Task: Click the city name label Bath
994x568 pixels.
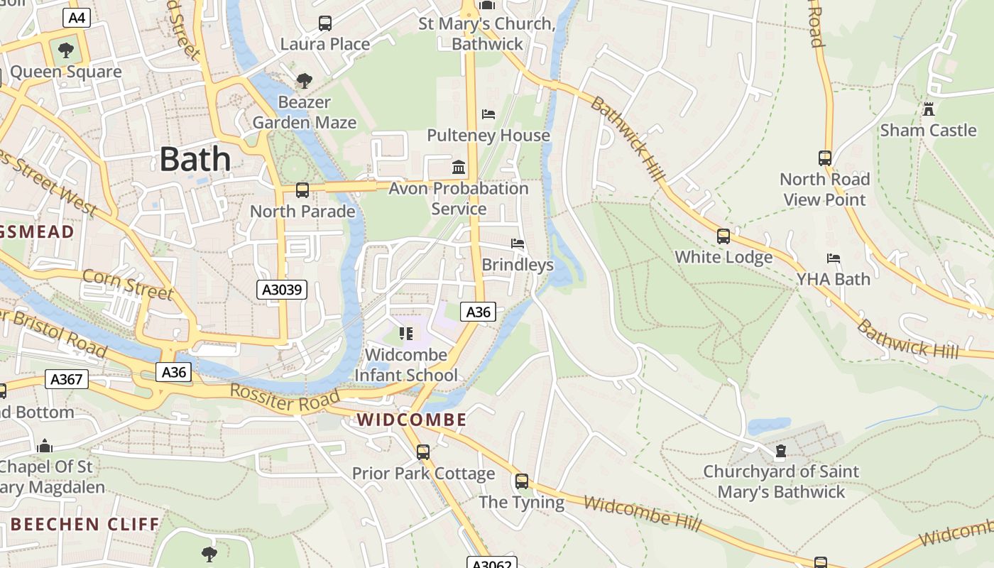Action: tap(195, 159)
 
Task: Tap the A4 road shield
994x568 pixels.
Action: tap(76, 18)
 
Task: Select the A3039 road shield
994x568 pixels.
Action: tap(282, 290)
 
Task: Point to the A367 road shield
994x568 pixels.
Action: tap(67, 379)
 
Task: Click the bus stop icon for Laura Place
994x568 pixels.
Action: tap(325, 23)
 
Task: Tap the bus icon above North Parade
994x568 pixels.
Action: tap(302, 190)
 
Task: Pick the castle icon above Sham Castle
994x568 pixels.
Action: tap(928, 109)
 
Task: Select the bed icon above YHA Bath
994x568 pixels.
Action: tap(834, 258)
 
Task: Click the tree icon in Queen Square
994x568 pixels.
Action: tap(66, 50)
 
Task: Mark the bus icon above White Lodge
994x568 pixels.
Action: tap(723, 236)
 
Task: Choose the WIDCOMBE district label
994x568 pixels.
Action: tap(412, 420)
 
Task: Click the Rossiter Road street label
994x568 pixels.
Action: tap(284, 398)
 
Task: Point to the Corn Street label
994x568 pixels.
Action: tap(128, 284)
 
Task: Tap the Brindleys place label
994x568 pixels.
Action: tap(518, 265)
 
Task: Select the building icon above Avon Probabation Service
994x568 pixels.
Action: tap(459, 168)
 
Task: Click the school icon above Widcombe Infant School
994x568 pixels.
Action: tap(406, 333)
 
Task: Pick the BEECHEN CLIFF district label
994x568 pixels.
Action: tap(85, 525)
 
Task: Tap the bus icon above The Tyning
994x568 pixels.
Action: tap(522, 481)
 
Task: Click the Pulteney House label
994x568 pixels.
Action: tap(488, 135)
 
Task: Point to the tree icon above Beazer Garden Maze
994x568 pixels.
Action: tap(305, 81)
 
